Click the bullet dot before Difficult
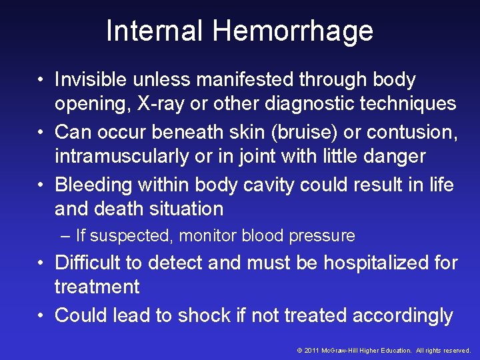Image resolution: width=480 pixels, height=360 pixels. click(x=41, y=263)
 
